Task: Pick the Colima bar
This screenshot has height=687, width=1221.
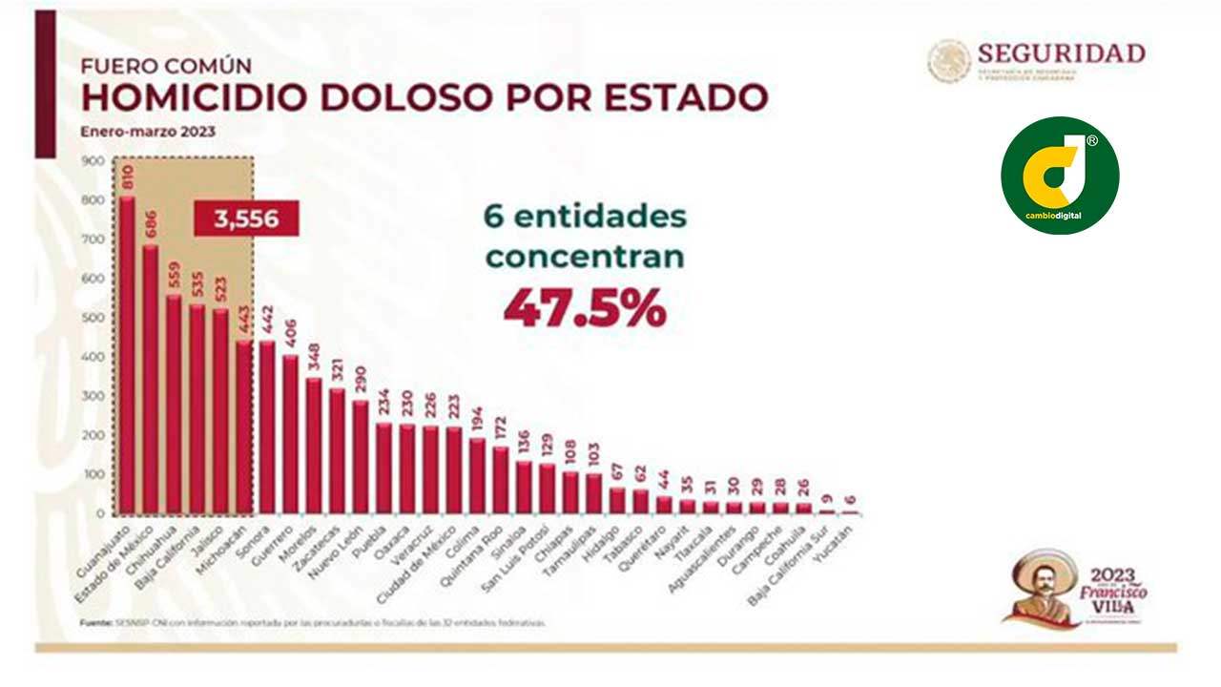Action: click(476, 476)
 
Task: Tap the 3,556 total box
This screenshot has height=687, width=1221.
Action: click(247, 219)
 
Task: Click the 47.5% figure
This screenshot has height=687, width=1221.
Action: click(584, 307)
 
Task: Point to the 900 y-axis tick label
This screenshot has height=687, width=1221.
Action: click(93, 161)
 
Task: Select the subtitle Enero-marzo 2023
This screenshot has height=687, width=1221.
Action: click(147, 132)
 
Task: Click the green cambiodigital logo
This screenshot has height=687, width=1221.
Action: click(1060, 176)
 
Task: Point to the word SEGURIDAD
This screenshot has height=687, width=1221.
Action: click(1060, 52)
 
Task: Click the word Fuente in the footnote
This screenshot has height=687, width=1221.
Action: click(95, 622)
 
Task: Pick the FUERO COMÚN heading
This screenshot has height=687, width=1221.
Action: click(166, 66)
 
